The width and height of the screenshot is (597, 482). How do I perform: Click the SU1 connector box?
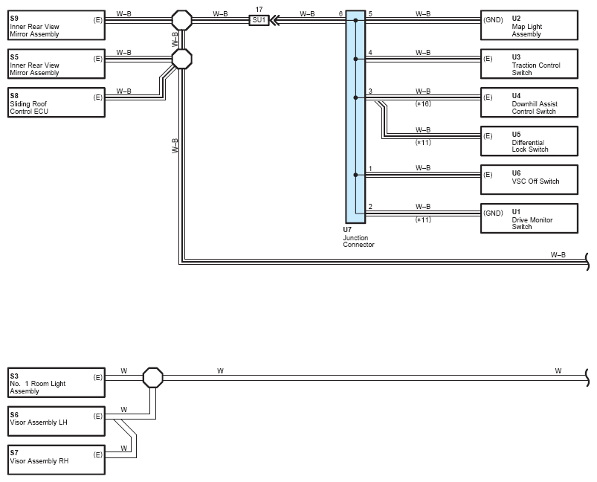pyautogui.click(x=259, y=20)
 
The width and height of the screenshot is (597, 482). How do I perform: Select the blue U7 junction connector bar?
pyautogui.click(x=355, y=117)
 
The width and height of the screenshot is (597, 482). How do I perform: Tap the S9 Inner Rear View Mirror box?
pyautogui.click(x=57, y=25)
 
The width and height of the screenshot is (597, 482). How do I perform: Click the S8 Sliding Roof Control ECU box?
pyautogui.click(x=57, y=103)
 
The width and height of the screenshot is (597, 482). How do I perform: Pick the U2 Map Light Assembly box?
pyautogui.click(x=529, y=25)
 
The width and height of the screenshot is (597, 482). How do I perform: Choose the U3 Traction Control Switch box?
pyautogui.click(x=529, y=64)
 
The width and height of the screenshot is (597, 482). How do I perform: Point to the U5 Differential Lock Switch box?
pyautogui.click(x=529, y=141)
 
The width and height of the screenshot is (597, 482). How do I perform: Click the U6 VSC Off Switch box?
pyautogui.click(x=529, y=179)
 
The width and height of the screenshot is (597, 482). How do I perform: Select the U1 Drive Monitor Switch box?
pyautogui.click(x=529, y=219)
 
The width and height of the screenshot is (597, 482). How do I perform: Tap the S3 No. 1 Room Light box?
pyautogui.click(x=57, y=382)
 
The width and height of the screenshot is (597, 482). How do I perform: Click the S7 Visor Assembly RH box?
pyautogui.click(x=57, y=460)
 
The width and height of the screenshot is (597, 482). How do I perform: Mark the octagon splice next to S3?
pyautogui.click(x=153, y=378)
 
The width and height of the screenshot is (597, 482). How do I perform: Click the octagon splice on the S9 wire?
pyautogui.click(x=182, y=20)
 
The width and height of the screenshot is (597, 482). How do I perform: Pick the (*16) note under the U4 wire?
pyautogui.click(x=423, y=103)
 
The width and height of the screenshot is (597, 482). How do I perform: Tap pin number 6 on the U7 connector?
pyautogui.click(x=341, y=14)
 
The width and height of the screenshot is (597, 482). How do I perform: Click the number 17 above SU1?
pyautogui.click(x=259, y=10)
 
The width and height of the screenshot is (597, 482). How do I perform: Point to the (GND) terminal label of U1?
pyautogui.click(x=493, y=213)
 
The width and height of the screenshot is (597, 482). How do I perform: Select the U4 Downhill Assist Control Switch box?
pyautogui.click(x=529, y=103)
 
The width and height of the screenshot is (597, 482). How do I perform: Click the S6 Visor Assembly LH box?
pyautogui.click(x=57, y=421)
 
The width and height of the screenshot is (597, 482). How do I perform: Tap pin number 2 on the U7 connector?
pyautogui.click(x=370, y=207)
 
